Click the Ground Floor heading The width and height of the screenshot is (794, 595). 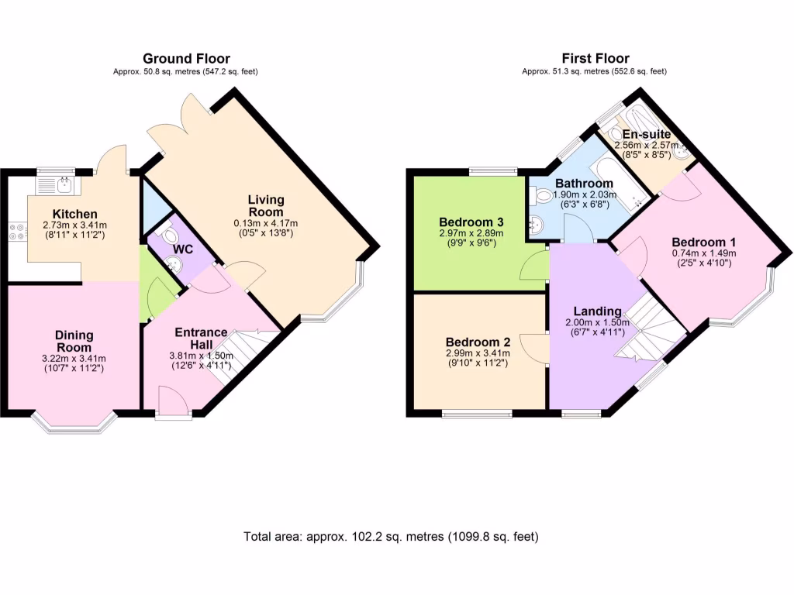pyautogui.click(x=186, y=58)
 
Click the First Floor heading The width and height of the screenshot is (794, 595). pyautogui.click(x=595, y=58)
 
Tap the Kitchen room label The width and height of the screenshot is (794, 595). pyautogui.click(x=74, y=214)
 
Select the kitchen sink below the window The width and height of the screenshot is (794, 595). pyautogui.click(x=54, y=185)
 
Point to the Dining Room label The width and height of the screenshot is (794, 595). pyautogui.click(x=74, y=341)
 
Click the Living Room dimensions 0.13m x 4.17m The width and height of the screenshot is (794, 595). pyautogui.click(x=266, y=223)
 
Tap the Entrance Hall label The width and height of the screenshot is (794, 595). pyautogui.click(x=201, y=338)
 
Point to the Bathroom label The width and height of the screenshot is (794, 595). pyautogui.click(x=573, y=183)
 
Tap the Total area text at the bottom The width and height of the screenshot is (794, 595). pyautogui.click(x=391, y=536)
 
